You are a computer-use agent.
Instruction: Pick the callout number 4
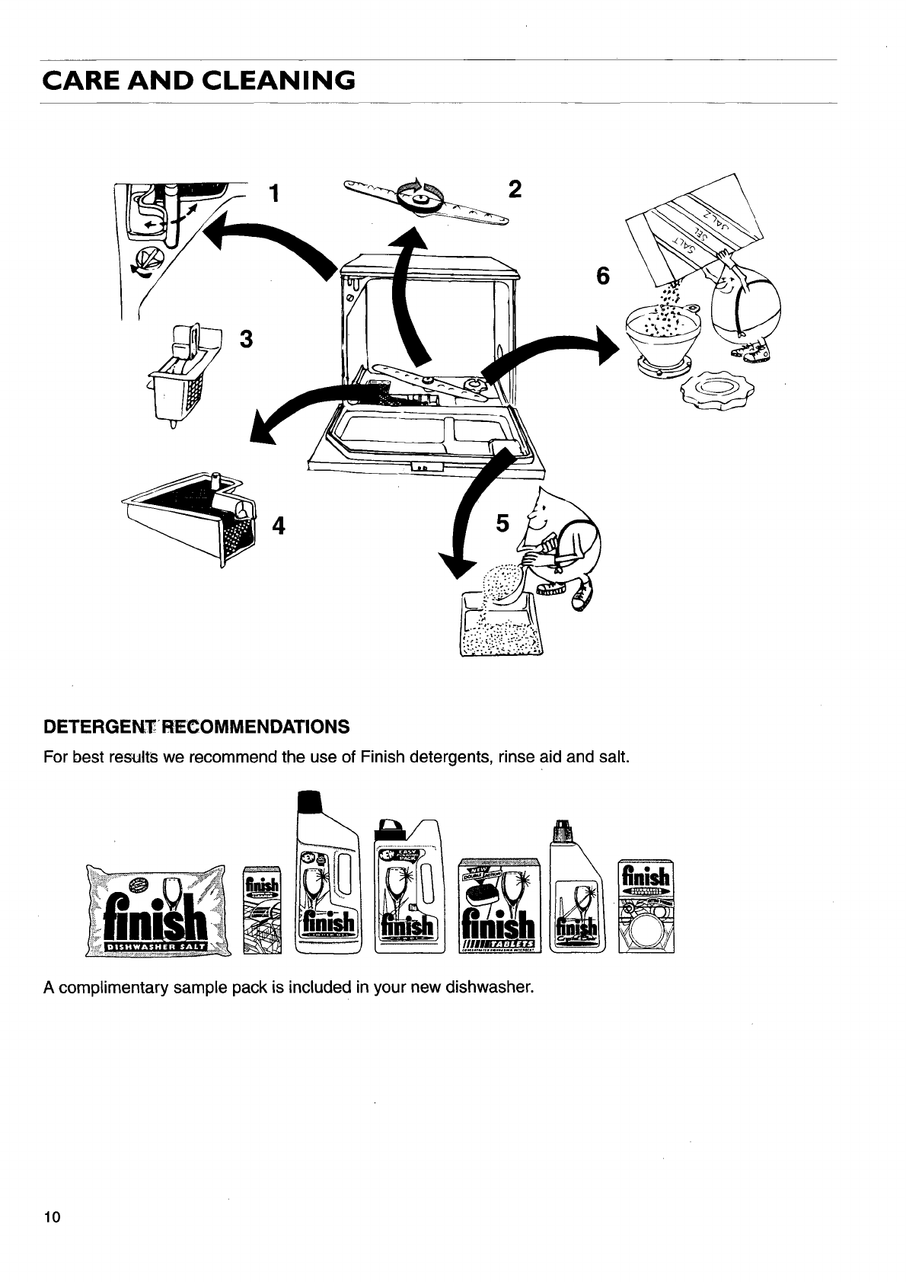point(279,526)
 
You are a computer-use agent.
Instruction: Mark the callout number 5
point(502,523)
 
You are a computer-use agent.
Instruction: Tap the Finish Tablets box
point(499,906)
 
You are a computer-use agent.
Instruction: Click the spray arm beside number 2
point(426,200)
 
